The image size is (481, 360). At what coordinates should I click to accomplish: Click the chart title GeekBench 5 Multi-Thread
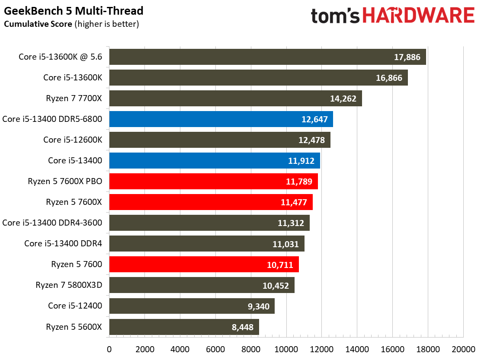pyautogui.click(x=74, y=11)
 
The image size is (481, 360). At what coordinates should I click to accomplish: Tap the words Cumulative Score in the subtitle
pyautogui.click(x=38, y=24)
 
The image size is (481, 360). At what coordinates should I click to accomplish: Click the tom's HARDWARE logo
pyautogui.click(x=393, y=16)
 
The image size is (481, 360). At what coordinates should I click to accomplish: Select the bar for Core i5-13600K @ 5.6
pyautogui.click(x=267, y=57)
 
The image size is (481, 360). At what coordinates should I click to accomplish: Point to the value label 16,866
pyautogui.click(x=389, y=78)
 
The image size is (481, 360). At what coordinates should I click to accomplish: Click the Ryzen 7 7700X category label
pyautogui.click(x=74, y=99)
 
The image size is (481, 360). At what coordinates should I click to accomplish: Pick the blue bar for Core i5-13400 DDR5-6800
pyautogui.click(x=221, y=119)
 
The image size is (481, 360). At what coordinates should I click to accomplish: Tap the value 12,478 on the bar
pyautogui.click(x=312, y=140)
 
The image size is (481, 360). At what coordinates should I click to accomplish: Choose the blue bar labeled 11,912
pyautogui.click(x=215, y=160)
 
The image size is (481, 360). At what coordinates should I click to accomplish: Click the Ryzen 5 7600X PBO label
pyautogui.click(x=65, y=182)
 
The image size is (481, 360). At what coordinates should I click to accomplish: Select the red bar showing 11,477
pyautogui.click(x=211, y=202)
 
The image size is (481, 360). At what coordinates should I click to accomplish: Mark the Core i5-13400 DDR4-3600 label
pyautogui.click(x=52, y=223)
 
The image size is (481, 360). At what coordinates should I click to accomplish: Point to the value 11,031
pyautogui.click(x=285, y=244)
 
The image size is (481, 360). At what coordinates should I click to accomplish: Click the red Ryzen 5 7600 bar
pyautogui.click(x=204, y=264)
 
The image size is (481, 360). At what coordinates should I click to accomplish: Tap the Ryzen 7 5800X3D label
pyautogui.click(x=69, y=285)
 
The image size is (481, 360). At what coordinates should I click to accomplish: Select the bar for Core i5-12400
pyautogui.click(x=192, y=306)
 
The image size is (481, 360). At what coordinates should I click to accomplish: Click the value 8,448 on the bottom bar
pyautogui.click(x=243, y=327)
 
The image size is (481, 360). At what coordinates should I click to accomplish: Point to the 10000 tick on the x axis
pyautogui.click(x=286, y=349)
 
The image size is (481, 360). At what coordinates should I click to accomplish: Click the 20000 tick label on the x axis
pyautogui.click(x=464, y=349)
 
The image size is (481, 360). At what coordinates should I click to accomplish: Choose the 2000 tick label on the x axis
pyautogui.click(x=145, y=349)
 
